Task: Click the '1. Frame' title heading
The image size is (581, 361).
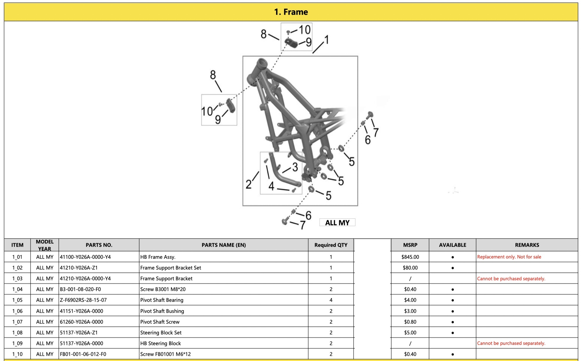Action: tap(291, 12)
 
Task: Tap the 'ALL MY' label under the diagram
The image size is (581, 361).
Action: tap(337, 223)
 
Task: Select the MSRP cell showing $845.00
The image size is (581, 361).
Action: tap(410, 257)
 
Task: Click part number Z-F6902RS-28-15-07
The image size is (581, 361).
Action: tap(83, 300)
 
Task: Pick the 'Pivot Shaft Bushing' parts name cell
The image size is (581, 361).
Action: tap(162, 311)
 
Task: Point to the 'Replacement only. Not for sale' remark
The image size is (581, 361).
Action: tap(509, 257)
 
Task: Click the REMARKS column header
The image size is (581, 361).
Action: tap(527, 245)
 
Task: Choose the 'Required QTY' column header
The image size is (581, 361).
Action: tap(331, 245)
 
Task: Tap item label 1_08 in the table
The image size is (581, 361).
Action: tap(17, 333)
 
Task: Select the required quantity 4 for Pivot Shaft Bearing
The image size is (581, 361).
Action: tap(331, 300)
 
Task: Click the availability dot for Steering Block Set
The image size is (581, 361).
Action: tap(453, 333)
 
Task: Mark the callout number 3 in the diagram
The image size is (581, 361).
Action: tap(295, 167)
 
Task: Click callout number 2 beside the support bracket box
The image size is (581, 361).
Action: tap(248, 184)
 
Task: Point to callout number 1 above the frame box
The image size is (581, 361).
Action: tap(326, 40)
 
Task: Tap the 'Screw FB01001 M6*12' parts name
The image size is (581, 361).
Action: tap(165, 354)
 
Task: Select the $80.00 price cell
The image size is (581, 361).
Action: tap(410, 268)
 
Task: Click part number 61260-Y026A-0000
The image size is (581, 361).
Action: tap(81, 322)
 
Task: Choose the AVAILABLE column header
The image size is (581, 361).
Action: tap(453, 245)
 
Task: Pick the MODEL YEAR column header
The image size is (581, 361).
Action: tap(45, 245)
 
